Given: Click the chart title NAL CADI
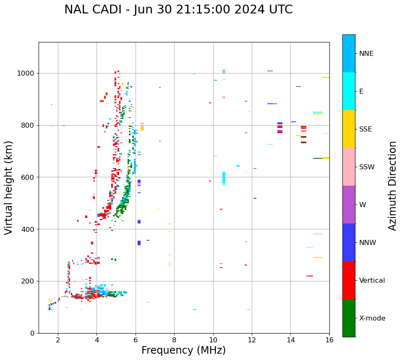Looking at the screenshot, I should point(178,10).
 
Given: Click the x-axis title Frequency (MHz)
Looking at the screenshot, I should point(183,350).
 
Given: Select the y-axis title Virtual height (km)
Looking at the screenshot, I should point(9,188).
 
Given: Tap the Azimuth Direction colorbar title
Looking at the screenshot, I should point(392,186).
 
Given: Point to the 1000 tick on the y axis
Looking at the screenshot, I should point(27,74).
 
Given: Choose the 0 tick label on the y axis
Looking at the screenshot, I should point(33,333).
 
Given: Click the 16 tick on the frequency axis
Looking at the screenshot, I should point(329,340).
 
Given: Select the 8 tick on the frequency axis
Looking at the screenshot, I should point(174,340).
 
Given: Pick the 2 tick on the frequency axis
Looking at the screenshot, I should point(58,340).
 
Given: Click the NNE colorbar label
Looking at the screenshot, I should point(366,54).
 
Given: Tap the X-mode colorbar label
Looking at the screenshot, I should point(372,318).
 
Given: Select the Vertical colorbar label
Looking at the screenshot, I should point(372,281).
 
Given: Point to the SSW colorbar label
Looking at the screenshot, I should point(367,167).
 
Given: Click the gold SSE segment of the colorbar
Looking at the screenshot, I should point(349,129).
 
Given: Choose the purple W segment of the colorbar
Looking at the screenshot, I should point(349,205).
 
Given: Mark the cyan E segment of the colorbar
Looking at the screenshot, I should point(349,91).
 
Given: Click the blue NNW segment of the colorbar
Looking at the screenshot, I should point(349,242).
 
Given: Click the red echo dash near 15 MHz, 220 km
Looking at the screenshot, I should point(310,276).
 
